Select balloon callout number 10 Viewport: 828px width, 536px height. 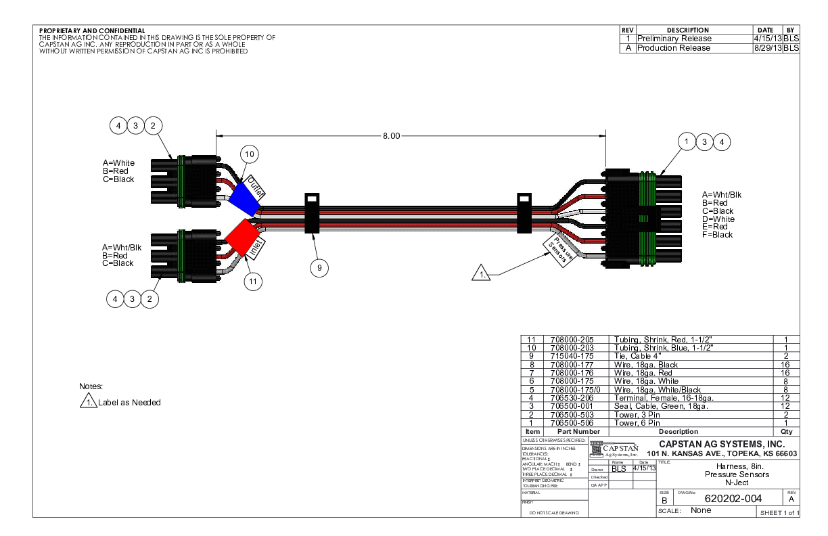(x=250, y=155)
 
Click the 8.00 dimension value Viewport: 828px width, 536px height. (x=392, y=135)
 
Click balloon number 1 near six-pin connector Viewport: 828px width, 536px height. (x=687, y=141)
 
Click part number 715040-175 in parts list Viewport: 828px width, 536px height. (x=573, y=356)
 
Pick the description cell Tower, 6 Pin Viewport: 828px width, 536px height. (x=637, y=423)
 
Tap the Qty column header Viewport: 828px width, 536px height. (x=786, y=431)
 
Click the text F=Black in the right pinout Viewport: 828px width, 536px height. (x=718, y=235)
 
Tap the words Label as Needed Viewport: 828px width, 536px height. (x=129, y=403)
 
